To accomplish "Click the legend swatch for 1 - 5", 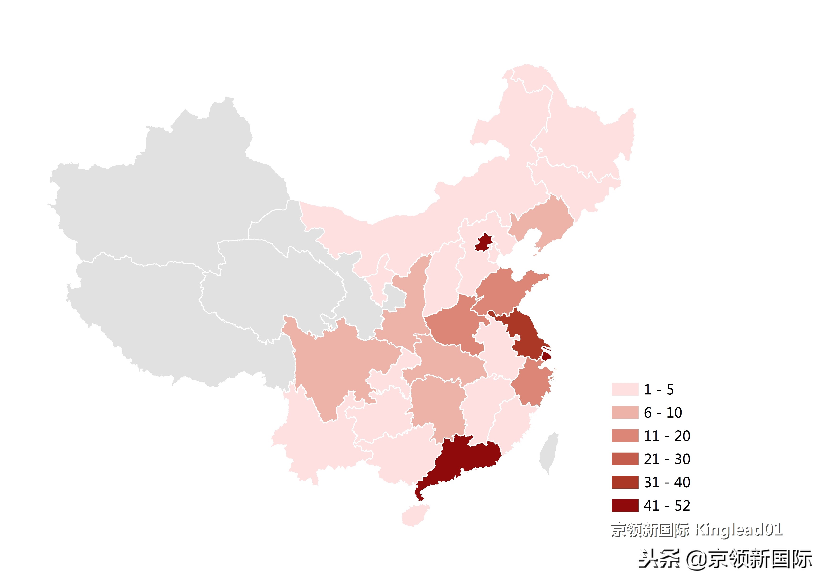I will click(625, 389).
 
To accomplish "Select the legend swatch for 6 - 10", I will click(625, 413).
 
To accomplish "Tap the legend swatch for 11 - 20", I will click(625, 436).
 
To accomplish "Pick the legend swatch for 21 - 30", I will click(625, 459).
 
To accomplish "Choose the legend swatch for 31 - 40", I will click(625, 482).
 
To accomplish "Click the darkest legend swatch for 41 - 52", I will click(625, 505).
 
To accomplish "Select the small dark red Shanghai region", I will click(546, 356).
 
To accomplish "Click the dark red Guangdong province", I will click(466, 457).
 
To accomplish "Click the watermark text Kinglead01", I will click(738, 530).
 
